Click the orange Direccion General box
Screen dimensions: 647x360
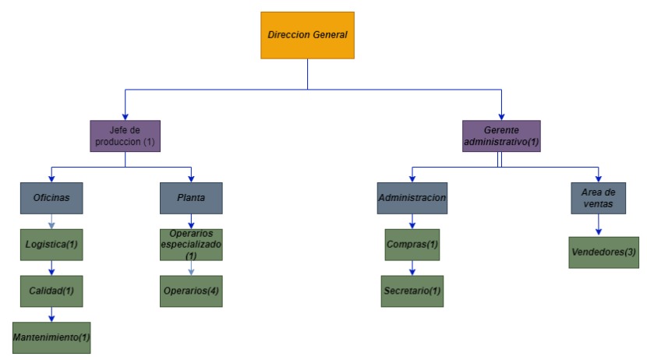click(307, 35)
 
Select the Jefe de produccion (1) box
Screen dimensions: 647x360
click(125, 136)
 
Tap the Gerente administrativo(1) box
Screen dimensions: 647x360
click(501, 136)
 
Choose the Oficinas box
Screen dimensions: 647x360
click(51, 199)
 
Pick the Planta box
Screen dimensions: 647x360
click(191, 199)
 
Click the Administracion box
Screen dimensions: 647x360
click(412, 199)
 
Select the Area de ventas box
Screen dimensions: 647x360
click(599, 199)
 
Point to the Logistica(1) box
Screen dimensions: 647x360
click(51, 245)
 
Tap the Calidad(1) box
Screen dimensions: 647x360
click(51, 291)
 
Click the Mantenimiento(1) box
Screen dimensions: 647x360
click(51, 337)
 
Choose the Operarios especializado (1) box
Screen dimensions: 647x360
click(191, 245)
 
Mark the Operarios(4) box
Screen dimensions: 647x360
click(191, 291)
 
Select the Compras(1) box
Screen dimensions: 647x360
click(412, 245)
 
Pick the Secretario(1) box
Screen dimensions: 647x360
click(412, 291)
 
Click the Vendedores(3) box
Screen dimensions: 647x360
click(603, 252)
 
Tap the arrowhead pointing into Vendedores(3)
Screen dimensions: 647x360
click(599, 232)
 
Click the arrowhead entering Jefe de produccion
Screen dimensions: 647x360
click(125, 117)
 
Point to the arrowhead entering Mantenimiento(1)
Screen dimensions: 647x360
click(51, 319)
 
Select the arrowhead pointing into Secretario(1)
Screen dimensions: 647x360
click(412, 272)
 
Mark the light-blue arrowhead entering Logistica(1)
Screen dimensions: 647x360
click(51, 225)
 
